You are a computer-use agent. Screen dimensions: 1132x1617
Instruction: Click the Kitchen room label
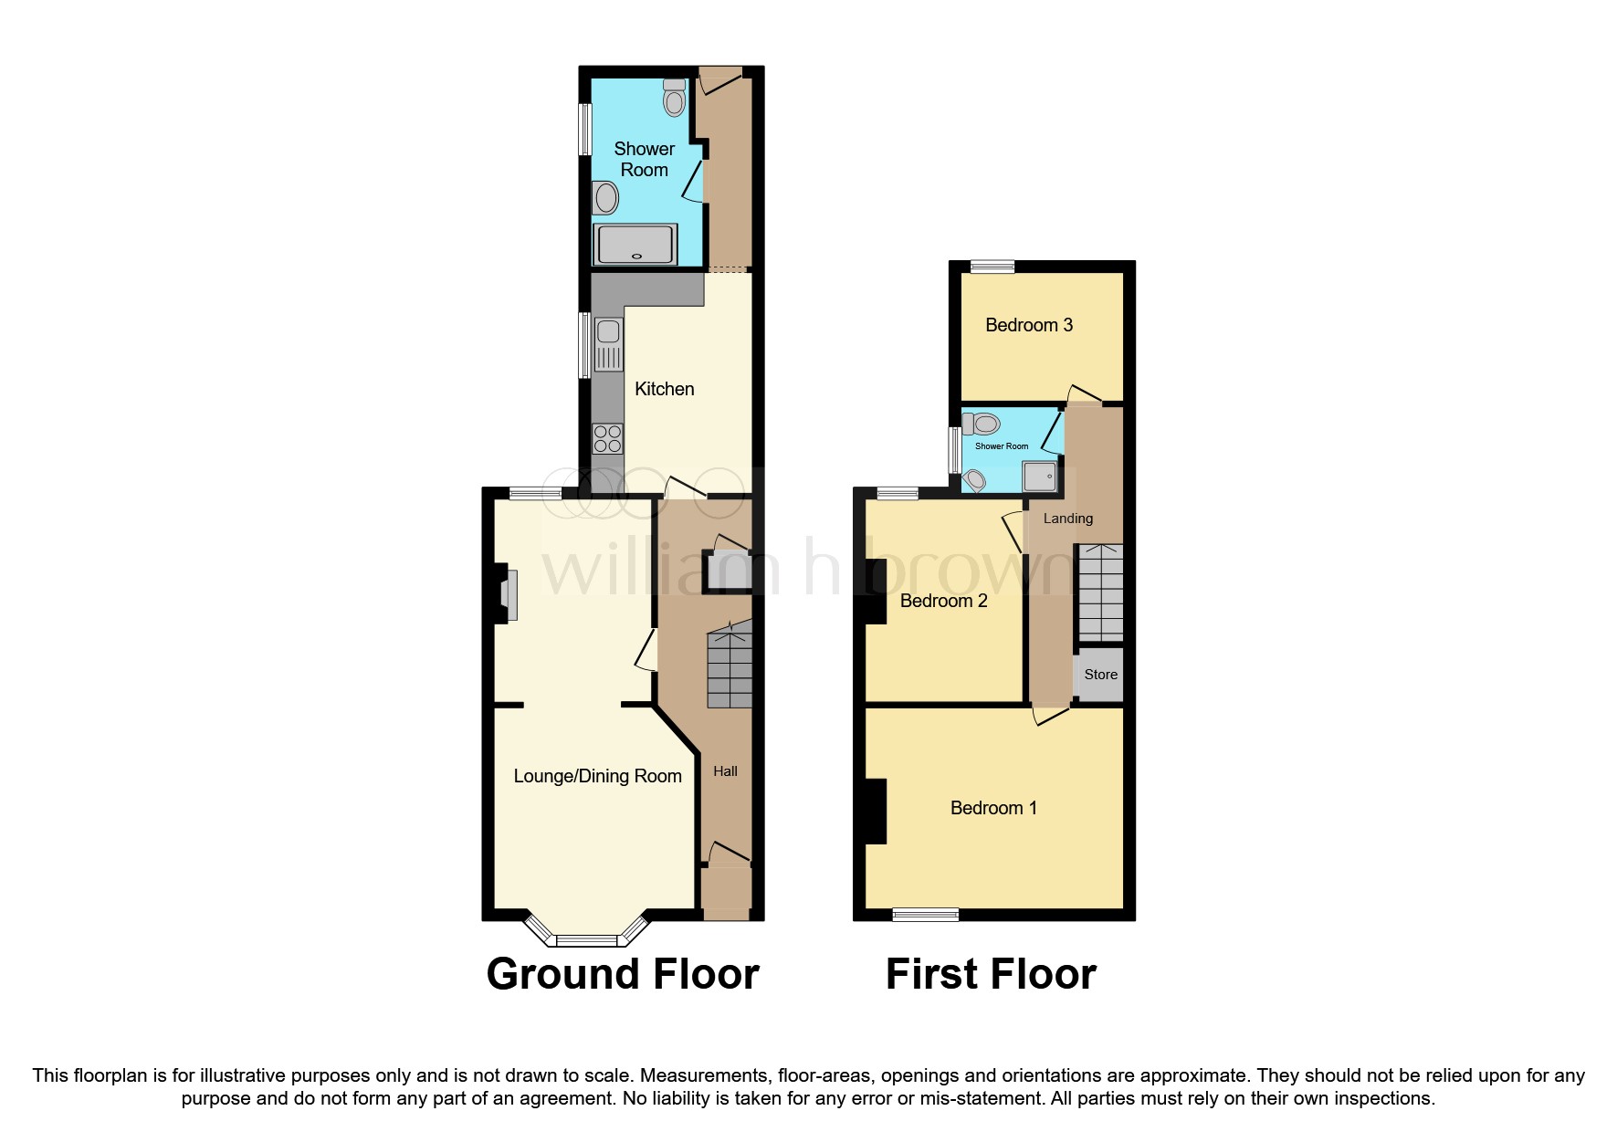click(x=664, y=389)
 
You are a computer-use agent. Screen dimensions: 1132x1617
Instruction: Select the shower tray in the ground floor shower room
click(x=635, y=245)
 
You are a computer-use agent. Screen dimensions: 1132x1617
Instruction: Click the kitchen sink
click(x=608, y=344)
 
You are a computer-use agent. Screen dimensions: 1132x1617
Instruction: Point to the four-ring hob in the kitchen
click(x=608, y=439)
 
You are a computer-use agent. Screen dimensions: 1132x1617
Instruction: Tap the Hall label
click(x=725, y=771)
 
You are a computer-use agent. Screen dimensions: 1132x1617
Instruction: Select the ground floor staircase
click(x=729, y=666)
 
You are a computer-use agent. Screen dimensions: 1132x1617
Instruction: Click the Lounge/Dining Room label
click(x=597, y=776)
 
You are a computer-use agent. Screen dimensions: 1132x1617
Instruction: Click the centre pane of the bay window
click(x=587, y=940)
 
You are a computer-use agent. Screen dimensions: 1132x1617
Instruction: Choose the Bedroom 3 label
click(x=1028, y=325)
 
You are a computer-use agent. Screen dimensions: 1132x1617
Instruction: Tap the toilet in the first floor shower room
click(x=982, y=424)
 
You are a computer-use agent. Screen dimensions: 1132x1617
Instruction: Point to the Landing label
click(x=1067, y=519)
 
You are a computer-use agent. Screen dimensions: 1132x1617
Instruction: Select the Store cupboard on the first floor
click(x=1099, y=675)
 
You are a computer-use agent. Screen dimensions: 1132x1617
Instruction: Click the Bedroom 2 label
click(x=943, y=601)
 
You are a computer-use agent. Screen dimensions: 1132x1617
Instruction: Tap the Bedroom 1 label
click(x=992, y=808)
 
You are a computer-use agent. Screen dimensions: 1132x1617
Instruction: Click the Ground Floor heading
click(x=622, y=974)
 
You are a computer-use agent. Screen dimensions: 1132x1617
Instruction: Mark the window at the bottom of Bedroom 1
click(x=925, y=914)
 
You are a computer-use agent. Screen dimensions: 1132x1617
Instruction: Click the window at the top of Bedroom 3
click(x=992, y=267)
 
